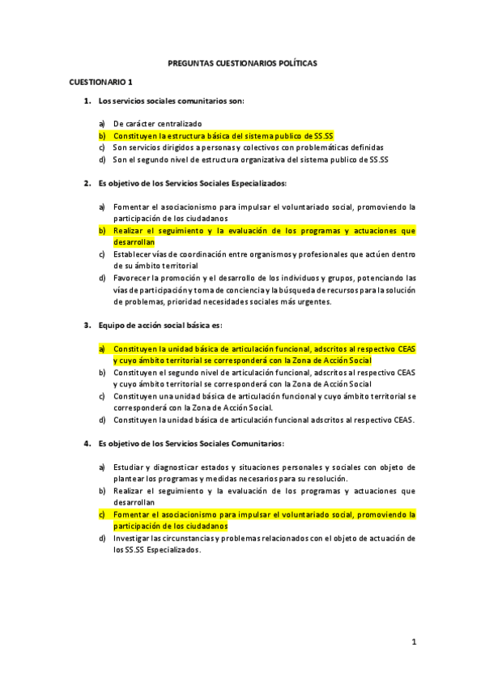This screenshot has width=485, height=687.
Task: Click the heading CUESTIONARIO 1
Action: tap(100, 82)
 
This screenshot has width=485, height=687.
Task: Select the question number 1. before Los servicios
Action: tap(87, 100)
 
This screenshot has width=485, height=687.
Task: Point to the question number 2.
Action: tap(87, 184)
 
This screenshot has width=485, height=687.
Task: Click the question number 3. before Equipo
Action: tap(87, 326)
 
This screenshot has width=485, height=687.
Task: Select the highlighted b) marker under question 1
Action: tap(102, 136)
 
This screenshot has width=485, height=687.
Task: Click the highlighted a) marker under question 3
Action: tap(102, 349)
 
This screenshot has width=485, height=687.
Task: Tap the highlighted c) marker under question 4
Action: tap(102, 514)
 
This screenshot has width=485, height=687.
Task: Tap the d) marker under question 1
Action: tap(102, 160)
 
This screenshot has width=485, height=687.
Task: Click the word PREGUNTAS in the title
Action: tap(189, 62)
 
